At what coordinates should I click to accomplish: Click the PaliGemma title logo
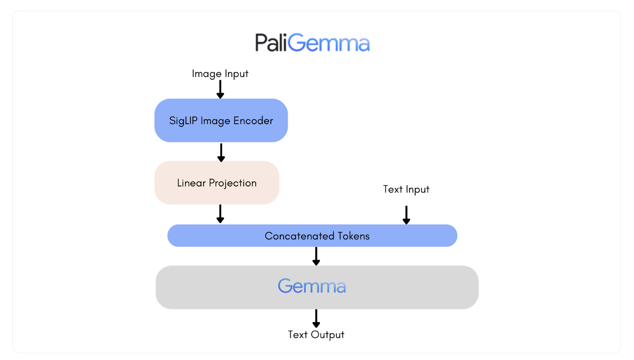312,43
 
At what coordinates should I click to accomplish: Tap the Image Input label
220,74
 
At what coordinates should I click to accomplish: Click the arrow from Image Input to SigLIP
220,90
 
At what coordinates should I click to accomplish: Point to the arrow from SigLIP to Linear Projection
221,152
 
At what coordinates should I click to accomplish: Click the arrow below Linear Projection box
220,214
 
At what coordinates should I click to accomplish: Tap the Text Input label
406,190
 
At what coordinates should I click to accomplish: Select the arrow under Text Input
406,215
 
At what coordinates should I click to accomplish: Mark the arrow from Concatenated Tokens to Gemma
316,256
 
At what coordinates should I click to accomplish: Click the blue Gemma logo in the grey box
312,286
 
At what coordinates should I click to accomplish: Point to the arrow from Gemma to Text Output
316,318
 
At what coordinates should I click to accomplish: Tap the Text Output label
316,335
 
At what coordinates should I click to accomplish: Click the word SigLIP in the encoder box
183,121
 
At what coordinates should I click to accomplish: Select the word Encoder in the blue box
253,121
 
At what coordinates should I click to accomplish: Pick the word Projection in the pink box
233,183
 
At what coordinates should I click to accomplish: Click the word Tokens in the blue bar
353,236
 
